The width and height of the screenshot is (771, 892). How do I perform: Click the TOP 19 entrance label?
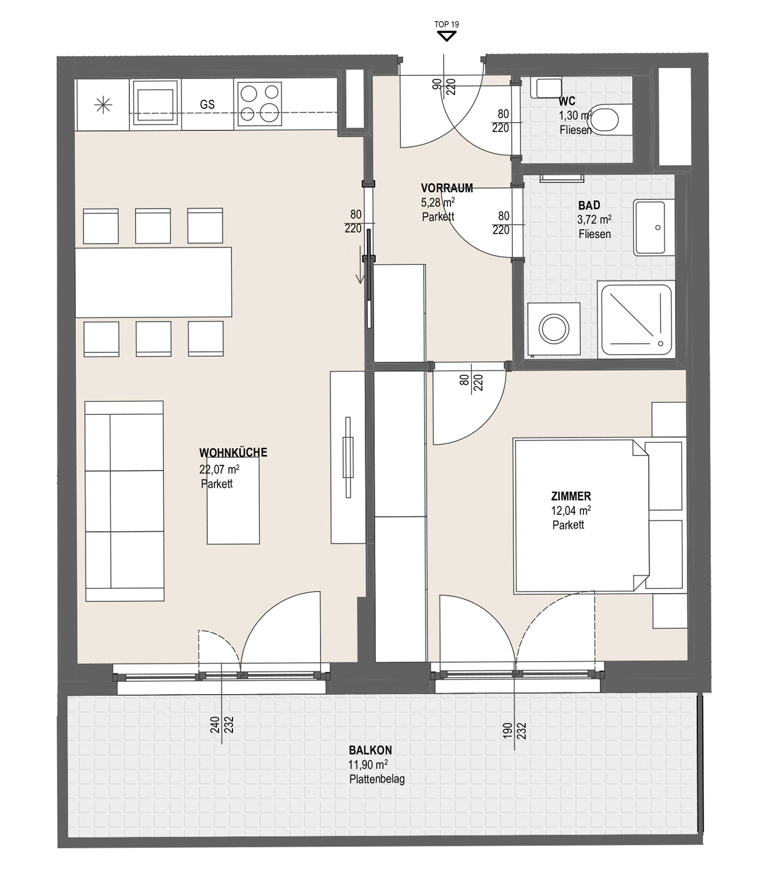coord(447,25)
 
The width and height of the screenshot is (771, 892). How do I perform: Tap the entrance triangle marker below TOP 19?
coord(447,36)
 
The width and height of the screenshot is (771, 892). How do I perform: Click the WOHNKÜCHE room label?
coord(233,453)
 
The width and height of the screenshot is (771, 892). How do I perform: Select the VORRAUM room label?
coord(447,188)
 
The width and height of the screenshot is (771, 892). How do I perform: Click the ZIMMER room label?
coord(571,496)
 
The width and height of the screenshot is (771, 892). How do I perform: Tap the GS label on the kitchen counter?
coord(207,105)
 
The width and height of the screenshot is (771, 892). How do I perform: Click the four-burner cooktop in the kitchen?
coord(259,104)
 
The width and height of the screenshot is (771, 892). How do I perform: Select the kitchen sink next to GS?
coord(156,104)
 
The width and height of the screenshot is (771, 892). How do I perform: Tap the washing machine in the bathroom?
coord(554,329)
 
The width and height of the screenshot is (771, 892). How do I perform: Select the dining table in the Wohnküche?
coord(153,282)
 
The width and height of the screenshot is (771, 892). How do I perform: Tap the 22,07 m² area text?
coord(220,469)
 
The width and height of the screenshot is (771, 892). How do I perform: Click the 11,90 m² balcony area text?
coord(368,765)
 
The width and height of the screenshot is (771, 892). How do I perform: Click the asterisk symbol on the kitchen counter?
coord(104,104)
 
